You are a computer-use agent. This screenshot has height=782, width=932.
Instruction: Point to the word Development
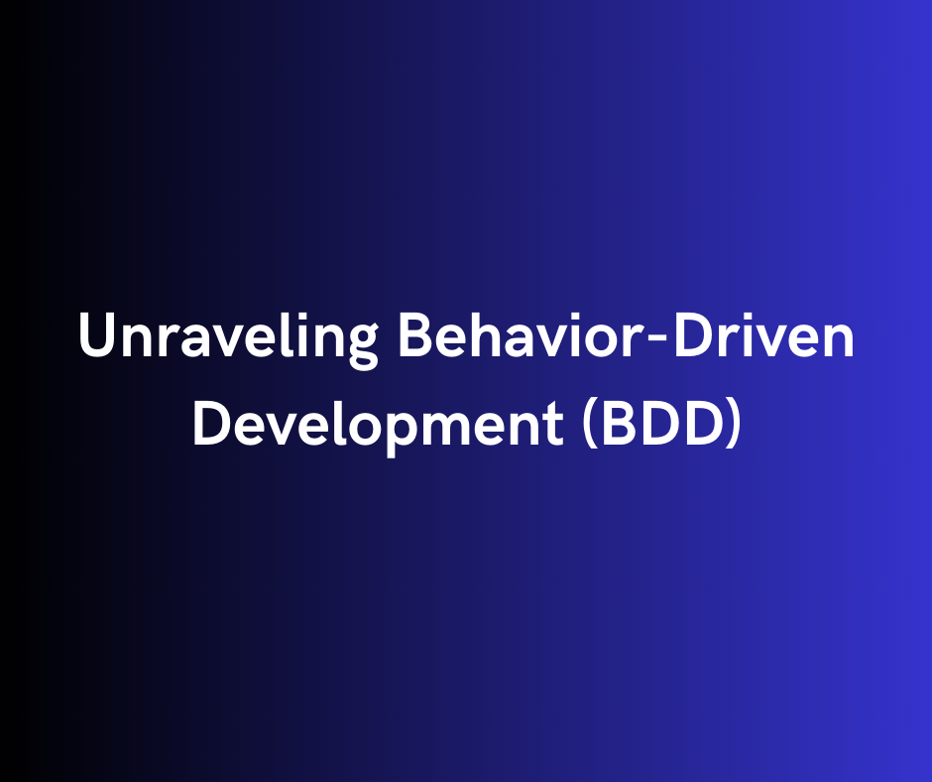[x=376, y=425]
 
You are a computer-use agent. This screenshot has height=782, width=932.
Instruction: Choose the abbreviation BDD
[x=659, y=423]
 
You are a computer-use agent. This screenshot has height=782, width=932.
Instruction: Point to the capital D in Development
[x=210, y=423]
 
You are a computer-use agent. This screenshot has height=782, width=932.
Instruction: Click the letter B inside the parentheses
[x=615, y=423]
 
